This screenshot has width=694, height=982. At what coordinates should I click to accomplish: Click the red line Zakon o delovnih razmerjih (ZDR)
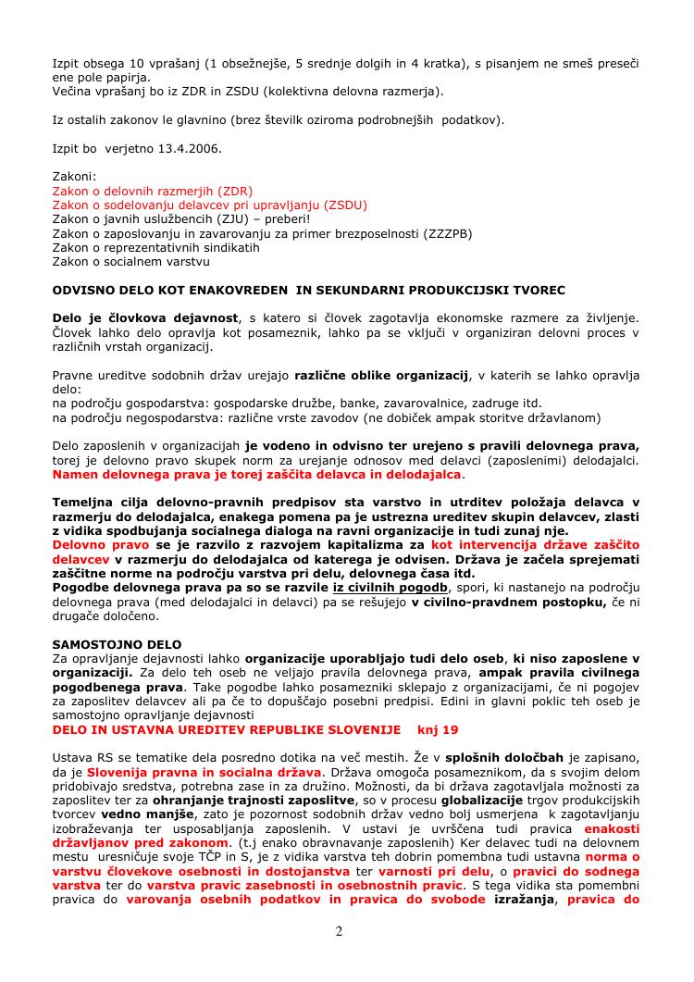click(153, 191)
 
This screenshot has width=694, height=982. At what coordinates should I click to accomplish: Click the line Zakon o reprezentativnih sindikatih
click(156, 248)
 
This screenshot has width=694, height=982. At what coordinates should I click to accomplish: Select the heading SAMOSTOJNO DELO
click(118, 643)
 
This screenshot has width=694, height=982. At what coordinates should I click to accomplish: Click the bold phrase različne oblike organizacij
click(381, 375)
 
